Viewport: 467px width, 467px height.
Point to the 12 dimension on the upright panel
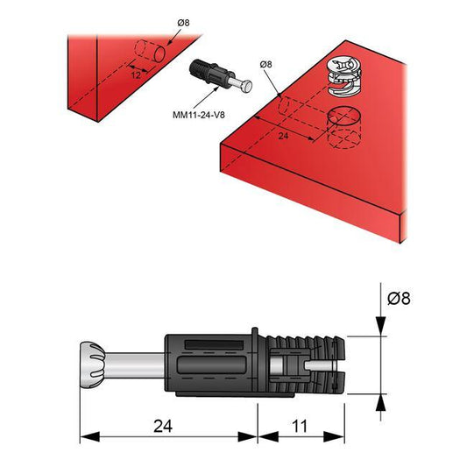(x=135, y=75)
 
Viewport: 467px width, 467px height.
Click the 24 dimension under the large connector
(x=162, y=427)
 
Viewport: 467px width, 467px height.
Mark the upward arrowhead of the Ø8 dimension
(x=379, y=401)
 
